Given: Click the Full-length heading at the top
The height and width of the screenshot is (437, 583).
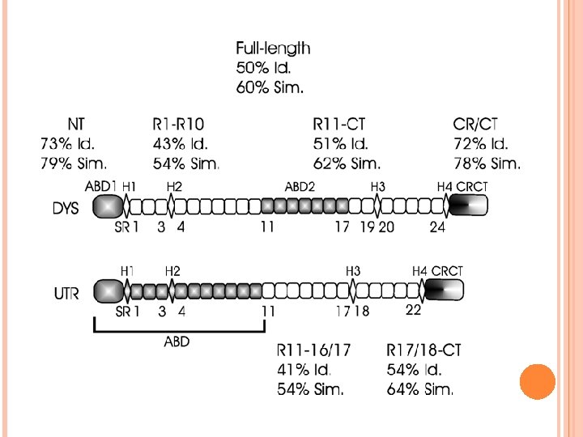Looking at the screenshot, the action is (x=273, y=49).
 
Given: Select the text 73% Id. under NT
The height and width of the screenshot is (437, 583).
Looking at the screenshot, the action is (x=68, y=144).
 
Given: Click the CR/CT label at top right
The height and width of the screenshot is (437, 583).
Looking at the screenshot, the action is (x=475, y=125).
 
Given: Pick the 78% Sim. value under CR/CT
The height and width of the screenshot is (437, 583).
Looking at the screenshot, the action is (x=486, y=164).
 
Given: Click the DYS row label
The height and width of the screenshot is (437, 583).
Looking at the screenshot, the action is (x=66, y=208).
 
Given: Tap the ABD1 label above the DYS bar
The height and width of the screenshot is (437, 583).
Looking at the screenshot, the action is (x=103, y=186).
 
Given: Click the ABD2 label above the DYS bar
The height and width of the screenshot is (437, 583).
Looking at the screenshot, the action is (x=300, y=186).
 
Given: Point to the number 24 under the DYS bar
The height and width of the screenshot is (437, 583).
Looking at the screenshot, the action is (x=437, y=227).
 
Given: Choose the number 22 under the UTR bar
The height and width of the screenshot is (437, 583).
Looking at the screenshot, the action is (x=413, y=310).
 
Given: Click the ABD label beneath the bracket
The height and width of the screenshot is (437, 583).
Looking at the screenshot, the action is (x=177, y=342).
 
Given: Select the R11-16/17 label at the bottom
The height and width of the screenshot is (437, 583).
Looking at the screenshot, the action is (x=314, y=351).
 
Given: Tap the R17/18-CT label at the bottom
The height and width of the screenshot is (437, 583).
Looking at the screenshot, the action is (x=424, y=351).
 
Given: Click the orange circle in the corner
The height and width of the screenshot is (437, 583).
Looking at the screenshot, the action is (x=536, y=381).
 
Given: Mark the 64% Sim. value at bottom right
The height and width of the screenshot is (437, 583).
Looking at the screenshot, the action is (x=420, y=389).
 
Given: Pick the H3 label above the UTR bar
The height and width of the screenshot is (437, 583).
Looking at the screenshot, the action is (x=353, y=270).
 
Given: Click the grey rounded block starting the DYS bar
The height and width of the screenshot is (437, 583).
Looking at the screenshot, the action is (x=104, y=207).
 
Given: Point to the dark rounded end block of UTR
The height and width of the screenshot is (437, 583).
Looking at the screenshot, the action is (x=442, y=290).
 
